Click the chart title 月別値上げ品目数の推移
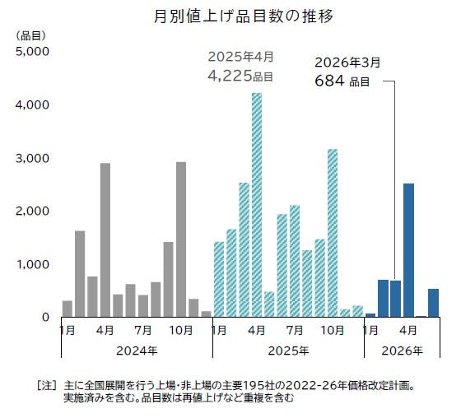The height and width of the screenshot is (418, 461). (x=231, y=16)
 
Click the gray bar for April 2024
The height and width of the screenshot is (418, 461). (x=105, y=239)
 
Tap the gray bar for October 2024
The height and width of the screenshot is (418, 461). (x=181, y=239)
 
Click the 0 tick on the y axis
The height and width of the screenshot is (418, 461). (x=46, y=318)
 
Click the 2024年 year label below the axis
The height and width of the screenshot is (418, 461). (x=137, y=351)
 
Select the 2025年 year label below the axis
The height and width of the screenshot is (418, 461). (x=288, y=351)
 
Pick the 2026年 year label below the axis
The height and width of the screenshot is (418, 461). (x=402, y=351)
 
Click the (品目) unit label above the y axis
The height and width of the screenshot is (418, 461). (x=30, y=35)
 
